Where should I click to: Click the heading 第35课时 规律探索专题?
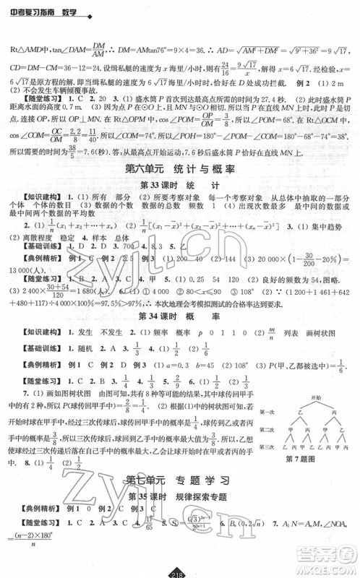click(179, 516)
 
